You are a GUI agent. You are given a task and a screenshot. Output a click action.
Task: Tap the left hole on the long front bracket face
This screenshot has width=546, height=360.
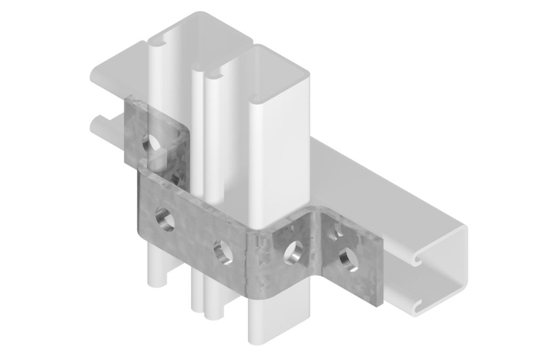tap(164, 219)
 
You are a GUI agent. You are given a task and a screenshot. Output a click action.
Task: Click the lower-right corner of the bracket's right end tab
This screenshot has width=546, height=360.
tap(379, 304)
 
